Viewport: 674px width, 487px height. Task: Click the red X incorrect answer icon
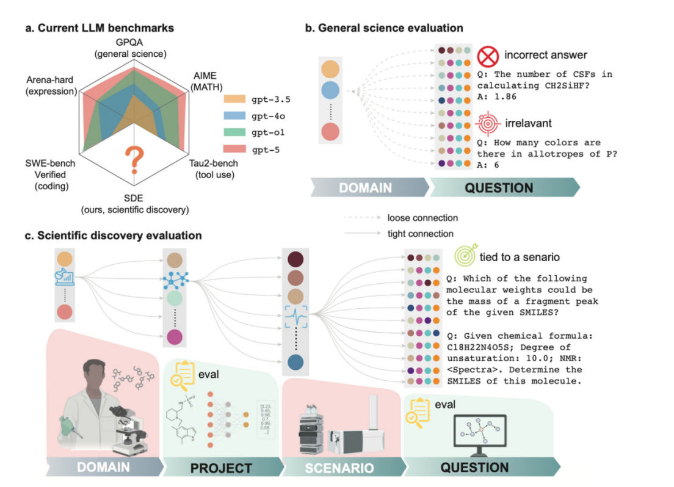(x=488, y=56)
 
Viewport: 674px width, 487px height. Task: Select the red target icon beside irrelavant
(x=488, y=123)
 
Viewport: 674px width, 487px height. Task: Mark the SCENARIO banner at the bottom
(x=339, y=468)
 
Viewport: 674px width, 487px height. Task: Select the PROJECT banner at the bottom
(x=220, y=468)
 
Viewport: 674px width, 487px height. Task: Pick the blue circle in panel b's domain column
(x=330, y=92)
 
